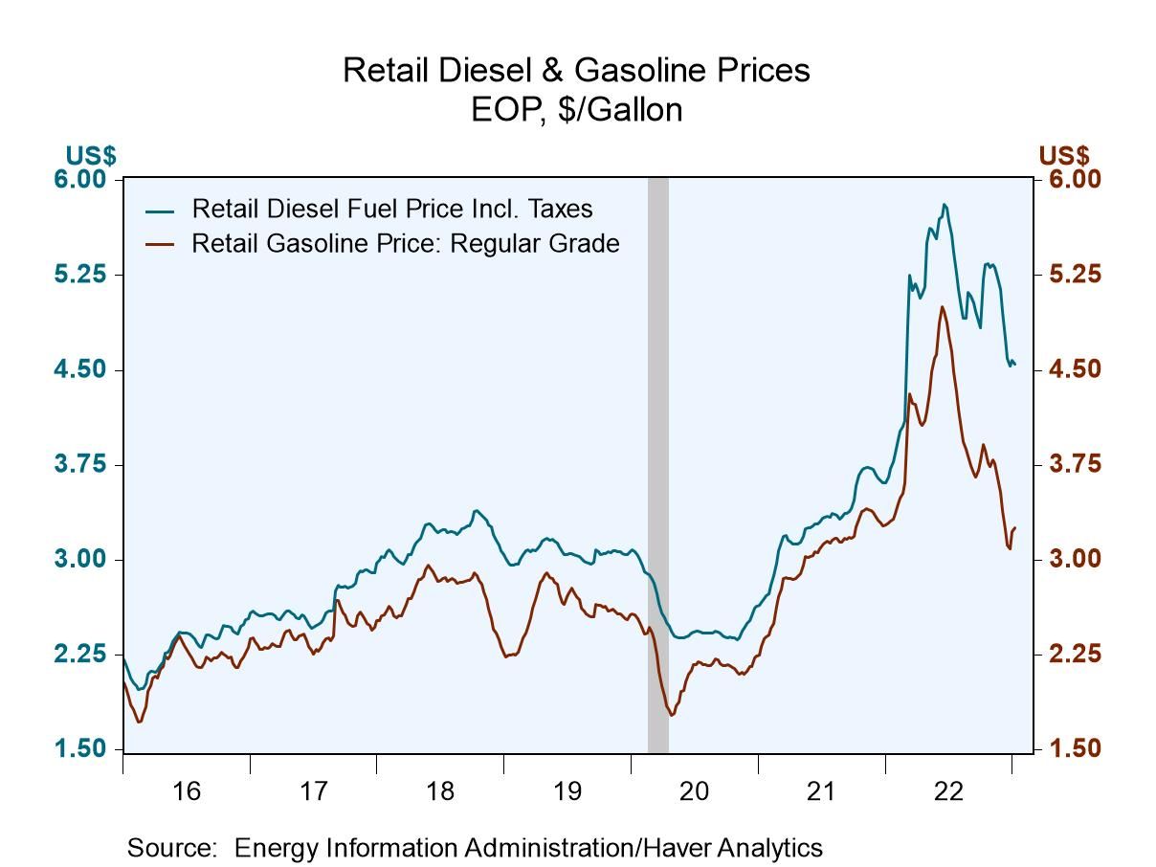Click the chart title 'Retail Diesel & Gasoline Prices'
[x=576, y=71]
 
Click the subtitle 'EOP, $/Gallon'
[x=576, y=110]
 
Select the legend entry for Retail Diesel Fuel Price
[x=391, y=209]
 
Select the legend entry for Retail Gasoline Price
[x=405, y=243]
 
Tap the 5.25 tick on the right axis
[x=1069, y=275]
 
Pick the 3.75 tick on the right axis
[x=1069, y=464]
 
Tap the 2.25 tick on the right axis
[x=1069, y=654]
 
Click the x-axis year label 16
[x=186, y=791]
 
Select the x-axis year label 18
[x=440, y=791]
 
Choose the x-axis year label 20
[x=694, y=791]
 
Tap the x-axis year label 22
[x=948, y=791]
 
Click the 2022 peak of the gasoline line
[x=943, y=307]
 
